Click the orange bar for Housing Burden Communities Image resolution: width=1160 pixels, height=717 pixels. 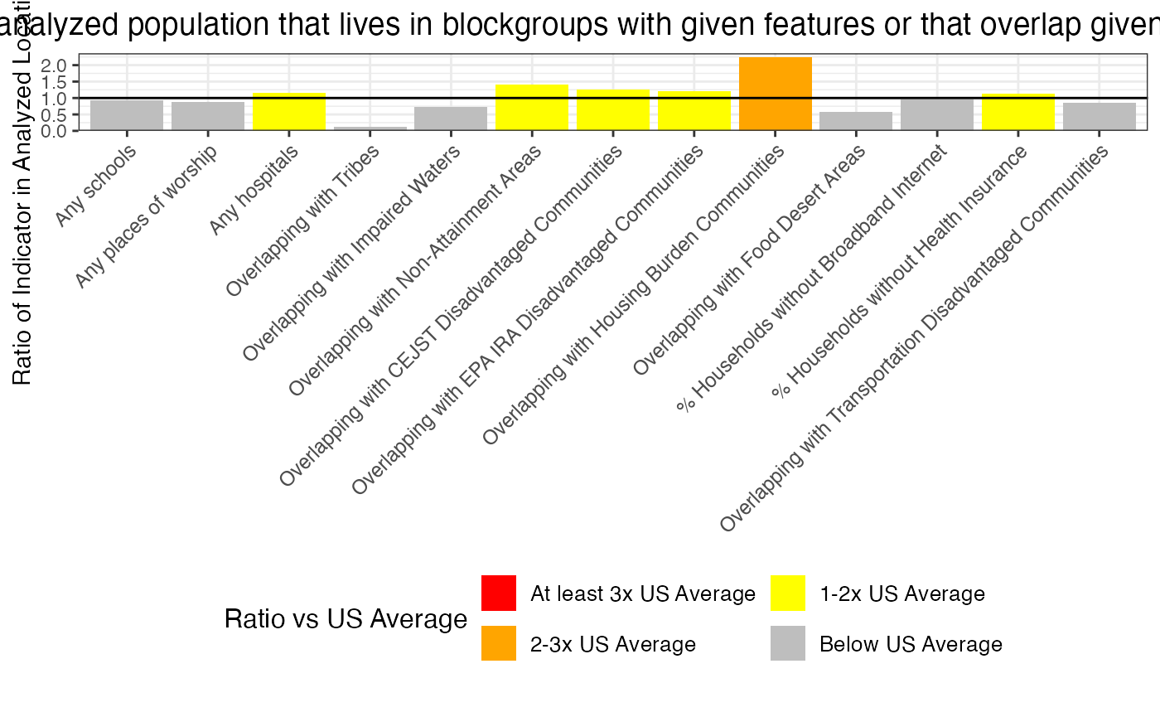[775, 94]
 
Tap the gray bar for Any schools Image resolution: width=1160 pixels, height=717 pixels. [127, 115]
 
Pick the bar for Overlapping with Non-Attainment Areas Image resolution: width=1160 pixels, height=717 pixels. [532, 107]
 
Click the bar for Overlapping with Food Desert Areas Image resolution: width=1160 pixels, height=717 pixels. [856, 121]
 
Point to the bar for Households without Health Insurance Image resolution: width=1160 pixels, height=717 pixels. [1018, 112]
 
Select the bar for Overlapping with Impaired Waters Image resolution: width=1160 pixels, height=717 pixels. [451, 119]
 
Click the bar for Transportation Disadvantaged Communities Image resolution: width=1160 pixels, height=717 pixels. [1100, 116]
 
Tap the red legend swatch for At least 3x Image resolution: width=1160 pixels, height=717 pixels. [499, 593]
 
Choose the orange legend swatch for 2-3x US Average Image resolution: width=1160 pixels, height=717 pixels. [499, 643]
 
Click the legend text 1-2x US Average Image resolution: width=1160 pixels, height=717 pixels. [901, 594]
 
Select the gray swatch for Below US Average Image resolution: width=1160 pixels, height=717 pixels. [787, 643]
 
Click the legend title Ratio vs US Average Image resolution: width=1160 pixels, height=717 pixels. [346, 619]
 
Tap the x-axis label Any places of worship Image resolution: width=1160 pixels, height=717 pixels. [147, 217]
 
